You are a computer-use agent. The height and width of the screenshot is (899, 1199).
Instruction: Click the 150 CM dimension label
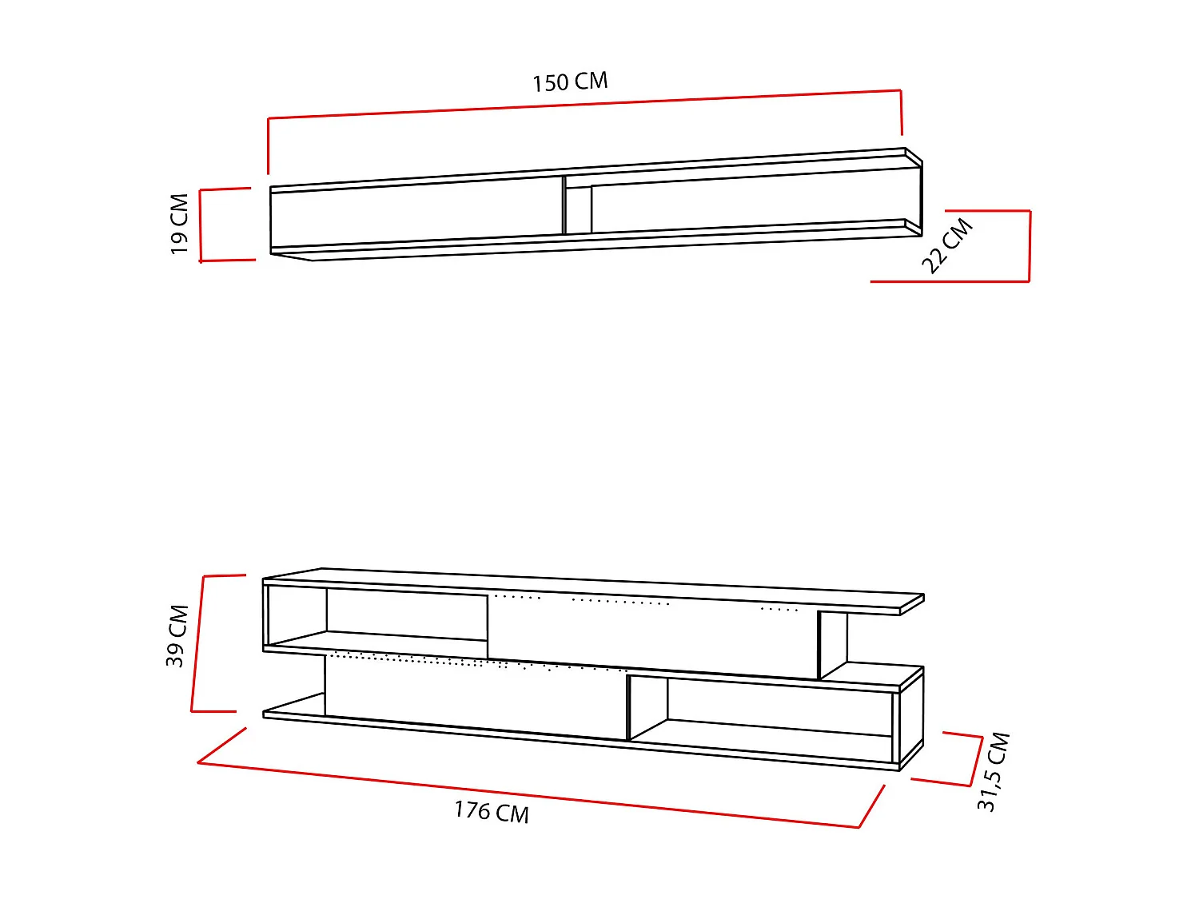click(x=570, y=82)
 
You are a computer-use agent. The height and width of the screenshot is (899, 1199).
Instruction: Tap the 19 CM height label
click(x=180, y=224)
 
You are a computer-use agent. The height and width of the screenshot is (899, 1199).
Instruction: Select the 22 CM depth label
click(x=947, y=246)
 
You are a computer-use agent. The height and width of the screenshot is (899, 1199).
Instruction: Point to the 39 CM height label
click(x=177, y=635)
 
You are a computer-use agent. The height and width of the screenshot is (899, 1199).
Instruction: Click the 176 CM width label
click(x=492, y=812)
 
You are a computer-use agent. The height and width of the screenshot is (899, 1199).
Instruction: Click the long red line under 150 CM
click(x=584, y=104)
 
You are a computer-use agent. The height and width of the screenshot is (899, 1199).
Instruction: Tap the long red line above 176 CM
click(x=528, y=794)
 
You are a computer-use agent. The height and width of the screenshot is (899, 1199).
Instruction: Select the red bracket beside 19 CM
click(x=201, y=225)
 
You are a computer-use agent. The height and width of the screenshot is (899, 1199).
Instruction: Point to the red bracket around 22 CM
click(x=1029, y=246)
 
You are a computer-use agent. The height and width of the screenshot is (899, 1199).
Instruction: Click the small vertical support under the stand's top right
click(x=831, y=643)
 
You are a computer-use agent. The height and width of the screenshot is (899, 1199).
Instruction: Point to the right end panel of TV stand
click(x=911, y=719)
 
